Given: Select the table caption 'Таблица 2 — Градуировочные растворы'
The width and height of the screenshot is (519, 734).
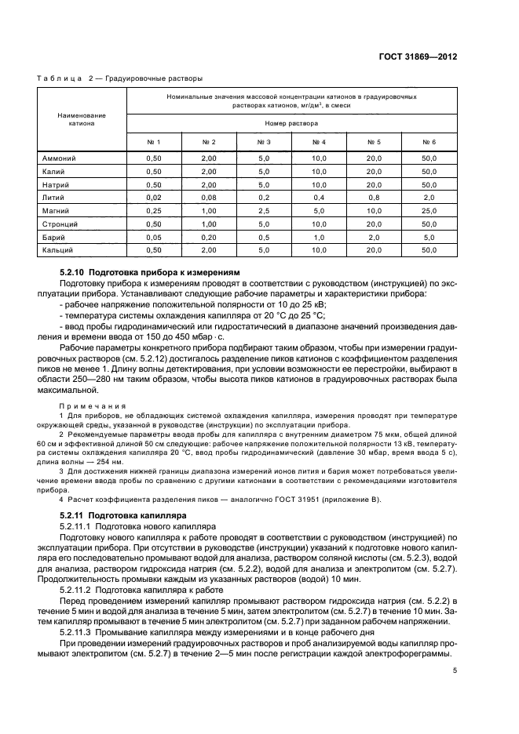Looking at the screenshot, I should click(x=120, y=78).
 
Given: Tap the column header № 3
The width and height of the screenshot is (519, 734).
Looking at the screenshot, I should click(x=264, y=142).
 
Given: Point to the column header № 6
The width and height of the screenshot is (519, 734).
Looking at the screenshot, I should click(x=429, y=142).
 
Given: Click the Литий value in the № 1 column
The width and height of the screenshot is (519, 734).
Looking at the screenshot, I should click(x=153, y=198).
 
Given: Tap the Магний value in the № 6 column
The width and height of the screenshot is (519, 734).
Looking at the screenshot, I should click(x=429, y=211).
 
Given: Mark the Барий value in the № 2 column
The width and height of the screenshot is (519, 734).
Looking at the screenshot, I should click(x=209, y=237).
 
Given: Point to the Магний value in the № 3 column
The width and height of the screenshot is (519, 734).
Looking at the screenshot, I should click(x=264, y=211).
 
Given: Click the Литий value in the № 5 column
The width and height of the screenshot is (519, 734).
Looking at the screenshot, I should click(x=374, y=198).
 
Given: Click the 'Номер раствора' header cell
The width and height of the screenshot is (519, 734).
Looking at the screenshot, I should click(x=291, y=124).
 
